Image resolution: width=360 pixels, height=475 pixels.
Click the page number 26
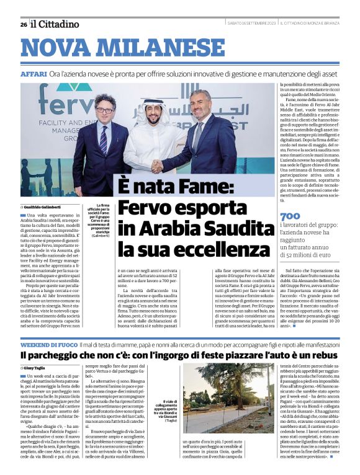[x=23, y=24]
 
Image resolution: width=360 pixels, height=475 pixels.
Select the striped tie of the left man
[x=103, y=140]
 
